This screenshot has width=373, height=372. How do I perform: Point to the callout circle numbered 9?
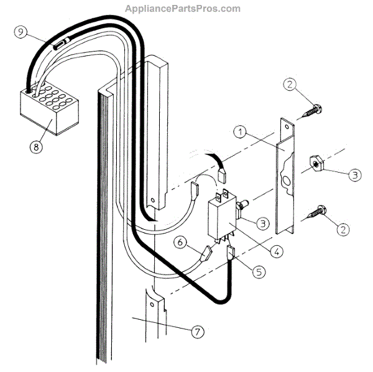coord(21,34)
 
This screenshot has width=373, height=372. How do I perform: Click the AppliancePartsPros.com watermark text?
coord(183,9)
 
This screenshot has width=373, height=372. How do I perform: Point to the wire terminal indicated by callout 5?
coord(231,253)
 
